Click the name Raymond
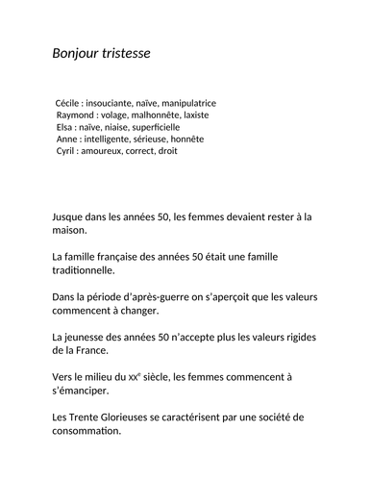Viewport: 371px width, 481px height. [77, 114]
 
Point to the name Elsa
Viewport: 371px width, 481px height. [65, 126]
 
